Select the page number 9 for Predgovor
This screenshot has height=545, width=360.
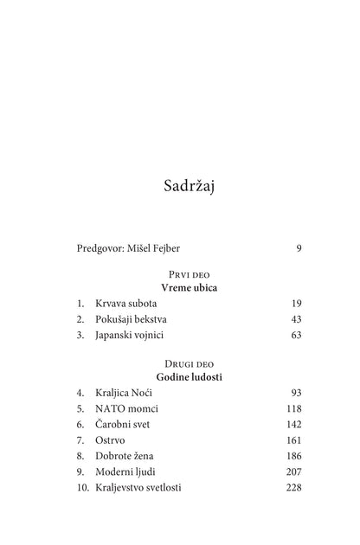coord(298,249)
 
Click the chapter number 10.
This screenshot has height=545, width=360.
coord(81,486)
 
